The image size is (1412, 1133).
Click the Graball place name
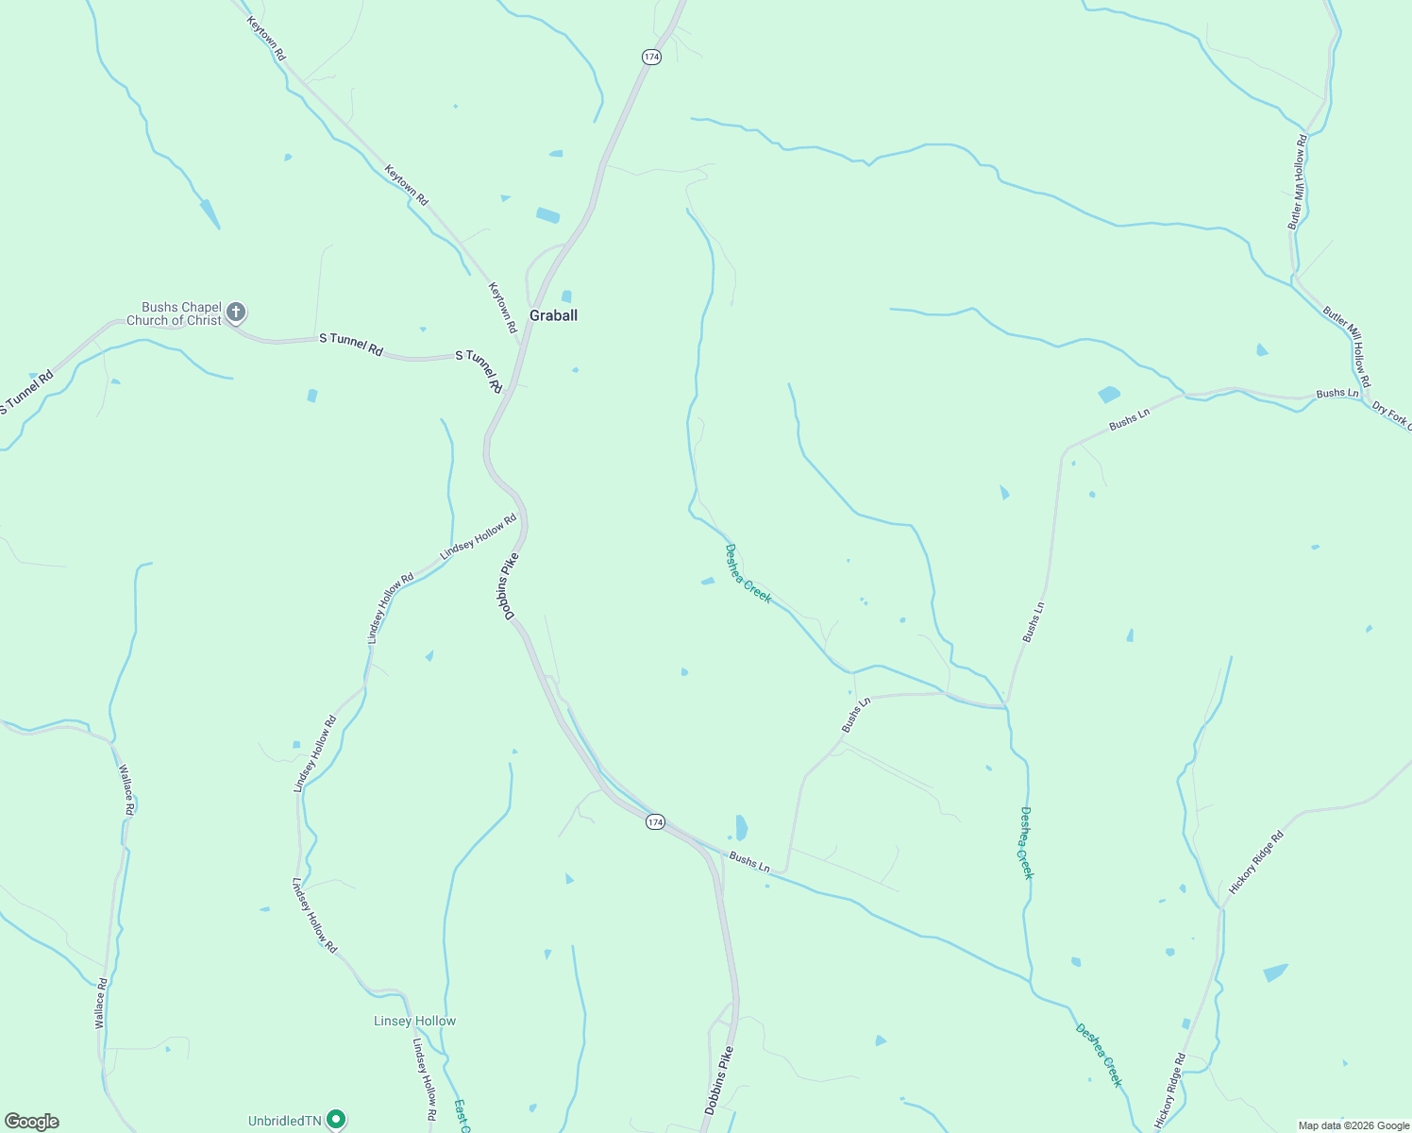pos(553,315)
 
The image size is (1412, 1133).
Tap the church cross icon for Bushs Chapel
pos(236,312)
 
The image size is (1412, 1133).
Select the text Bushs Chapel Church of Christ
pos(175,313)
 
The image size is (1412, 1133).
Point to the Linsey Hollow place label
pos(414,1021)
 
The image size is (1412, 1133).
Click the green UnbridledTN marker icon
pos(335,1120)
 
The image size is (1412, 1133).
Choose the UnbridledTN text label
pos(284,1121)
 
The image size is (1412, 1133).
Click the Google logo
pos(31,1122)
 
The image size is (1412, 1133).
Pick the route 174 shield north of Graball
pos(651,57)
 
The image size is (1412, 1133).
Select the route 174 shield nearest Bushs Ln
pos(655,822)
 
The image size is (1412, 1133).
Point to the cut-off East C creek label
pos(462,1115)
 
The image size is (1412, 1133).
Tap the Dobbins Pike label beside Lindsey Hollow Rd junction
pos(509,586)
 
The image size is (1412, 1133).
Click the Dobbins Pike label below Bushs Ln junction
pos(719,1080)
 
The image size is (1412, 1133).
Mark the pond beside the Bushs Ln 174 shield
pos(741,827)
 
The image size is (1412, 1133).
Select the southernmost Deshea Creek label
pos(1100,1056)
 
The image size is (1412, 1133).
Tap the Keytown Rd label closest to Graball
pos(502,307)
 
